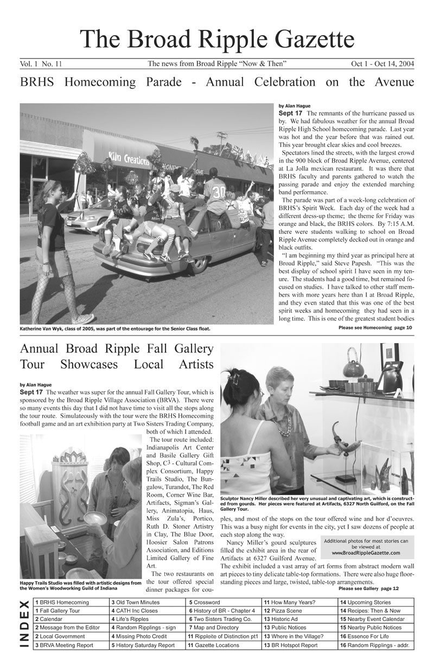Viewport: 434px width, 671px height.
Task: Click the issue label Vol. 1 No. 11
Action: [x=41, y=64]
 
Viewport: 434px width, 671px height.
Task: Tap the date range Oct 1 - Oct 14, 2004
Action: [x=382, y=64]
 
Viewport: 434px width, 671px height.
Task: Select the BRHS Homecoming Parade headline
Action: [x=217, y=83]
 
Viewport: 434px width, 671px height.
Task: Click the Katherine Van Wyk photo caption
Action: [x=114, y=328]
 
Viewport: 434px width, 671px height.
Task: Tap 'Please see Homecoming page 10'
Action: [x=375, y=328]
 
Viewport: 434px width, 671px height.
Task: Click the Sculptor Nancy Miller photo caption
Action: [x=317, y=503]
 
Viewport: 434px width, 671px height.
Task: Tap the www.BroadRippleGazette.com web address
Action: [x=365, y=553]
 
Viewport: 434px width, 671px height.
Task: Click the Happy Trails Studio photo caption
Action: [x=80, y=585]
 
